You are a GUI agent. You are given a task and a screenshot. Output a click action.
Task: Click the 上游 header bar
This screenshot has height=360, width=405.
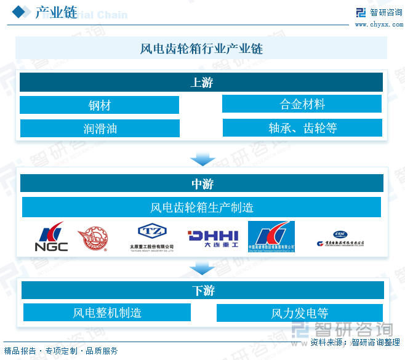(201, 82)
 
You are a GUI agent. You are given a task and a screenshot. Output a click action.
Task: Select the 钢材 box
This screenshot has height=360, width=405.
(99, 105)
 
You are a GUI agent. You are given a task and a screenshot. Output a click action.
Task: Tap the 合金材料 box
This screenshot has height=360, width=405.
(302, 104)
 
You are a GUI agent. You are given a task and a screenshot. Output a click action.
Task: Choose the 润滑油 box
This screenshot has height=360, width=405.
(100, 129)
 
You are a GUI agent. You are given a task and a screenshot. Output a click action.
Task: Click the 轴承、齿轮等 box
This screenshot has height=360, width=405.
(302, 128)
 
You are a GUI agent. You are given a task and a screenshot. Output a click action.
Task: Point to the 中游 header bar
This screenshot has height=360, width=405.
(202, 183)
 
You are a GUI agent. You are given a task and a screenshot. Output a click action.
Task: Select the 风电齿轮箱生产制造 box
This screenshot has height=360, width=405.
(201, 207)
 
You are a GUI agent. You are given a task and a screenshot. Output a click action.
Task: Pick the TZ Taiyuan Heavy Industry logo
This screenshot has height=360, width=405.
(151, 237)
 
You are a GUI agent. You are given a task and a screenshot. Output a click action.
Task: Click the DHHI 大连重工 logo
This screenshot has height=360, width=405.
(212, 237)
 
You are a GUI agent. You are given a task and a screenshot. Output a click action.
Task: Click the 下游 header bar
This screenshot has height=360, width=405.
(202, 290)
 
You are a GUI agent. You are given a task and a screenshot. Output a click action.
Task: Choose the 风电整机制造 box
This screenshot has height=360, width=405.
(107, 313)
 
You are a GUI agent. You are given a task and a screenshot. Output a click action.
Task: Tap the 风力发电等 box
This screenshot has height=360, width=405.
(300, 313)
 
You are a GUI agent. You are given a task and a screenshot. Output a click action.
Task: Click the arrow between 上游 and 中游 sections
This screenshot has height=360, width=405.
(202, 158)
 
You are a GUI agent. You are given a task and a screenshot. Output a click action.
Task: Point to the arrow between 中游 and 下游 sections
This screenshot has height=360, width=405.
(202, 268)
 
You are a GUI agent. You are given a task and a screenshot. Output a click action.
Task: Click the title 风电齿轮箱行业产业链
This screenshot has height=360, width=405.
(201, 49)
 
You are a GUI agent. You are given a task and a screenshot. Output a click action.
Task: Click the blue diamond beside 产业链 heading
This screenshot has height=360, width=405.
(21, 11)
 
